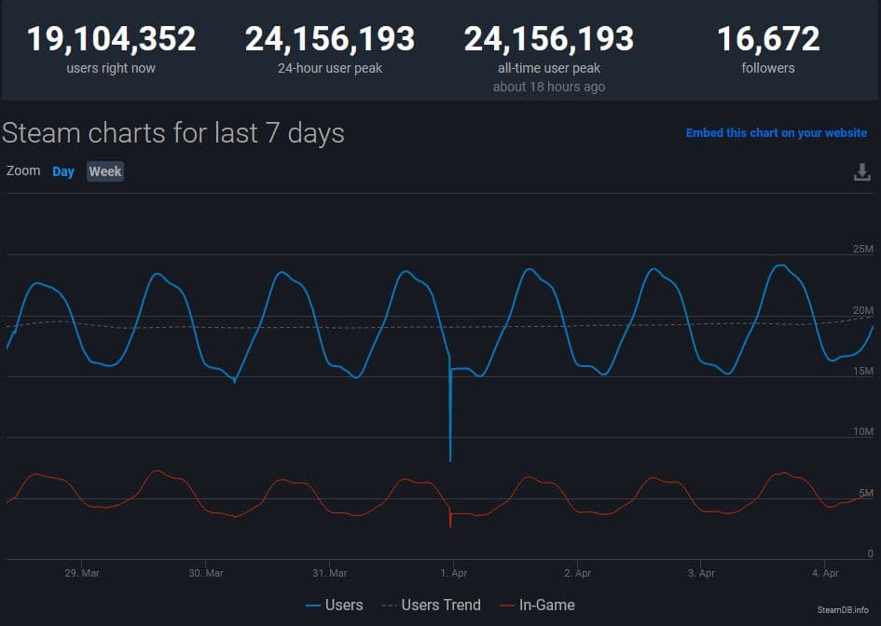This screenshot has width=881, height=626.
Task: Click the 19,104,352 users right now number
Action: tap(111, 39)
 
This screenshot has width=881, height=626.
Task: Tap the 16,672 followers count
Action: tap(768, 39)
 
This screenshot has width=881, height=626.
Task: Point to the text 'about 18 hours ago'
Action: tap(548, 87)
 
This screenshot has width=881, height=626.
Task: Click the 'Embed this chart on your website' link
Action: tap(776, 133)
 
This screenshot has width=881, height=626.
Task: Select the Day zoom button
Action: tap(63, 171)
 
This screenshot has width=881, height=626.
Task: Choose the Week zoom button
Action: tap(105, 171)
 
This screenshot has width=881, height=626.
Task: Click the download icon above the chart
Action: tap(862, 172)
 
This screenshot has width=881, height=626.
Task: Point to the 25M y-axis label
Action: tap(862, 250)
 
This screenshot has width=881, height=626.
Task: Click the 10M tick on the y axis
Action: tap(862, 432)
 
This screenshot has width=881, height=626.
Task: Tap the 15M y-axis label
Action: tap(862, 372)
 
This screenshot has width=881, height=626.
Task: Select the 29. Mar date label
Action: tap(82, 573)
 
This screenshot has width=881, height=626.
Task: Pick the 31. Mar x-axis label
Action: tap(330, 573)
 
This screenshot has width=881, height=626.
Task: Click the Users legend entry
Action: tap(335, 606)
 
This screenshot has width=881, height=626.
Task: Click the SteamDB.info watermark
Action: tap(843, 609)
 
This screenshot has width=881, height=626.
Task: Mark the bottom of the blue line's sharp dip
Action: tap(450, 460)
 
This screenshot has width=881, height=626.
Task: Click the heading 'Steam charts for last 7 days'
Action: tap(173, 133)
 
